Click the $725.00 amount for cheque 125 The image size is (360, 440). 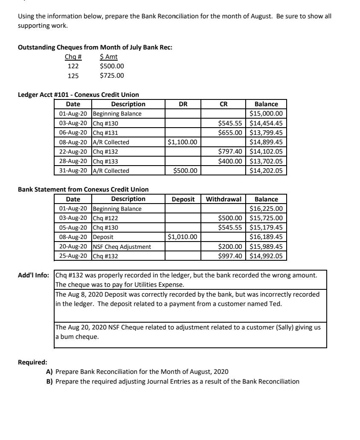[112, 76]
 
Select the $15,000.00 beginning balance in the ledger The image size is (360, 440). [266, 114]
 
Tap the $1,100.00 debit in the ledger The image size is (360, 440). [183, 142]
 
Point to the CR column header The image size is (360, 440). [224, 104]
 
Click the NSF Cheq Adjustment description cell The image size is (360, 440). [122, 247]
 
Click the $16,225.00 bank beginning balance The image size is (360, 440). [266, 209]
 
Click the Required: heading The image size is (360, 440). [32, 362]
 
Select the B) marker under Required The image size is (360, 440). [49, 381]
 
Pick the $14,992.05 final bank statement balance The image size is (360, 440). [266, 256]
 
